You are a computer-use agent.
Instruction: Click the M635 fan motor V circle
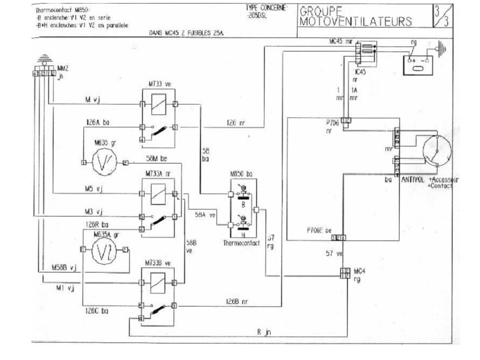(104, 162)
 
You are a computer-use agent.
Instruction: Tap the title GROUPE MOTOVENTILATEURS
(355, 16)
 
